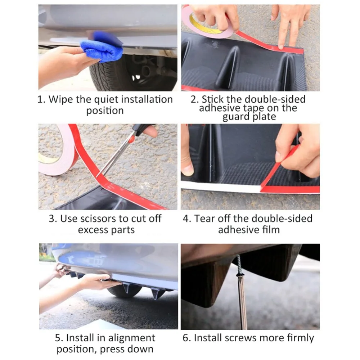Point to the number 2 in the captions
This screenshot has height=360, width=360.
[194, 100]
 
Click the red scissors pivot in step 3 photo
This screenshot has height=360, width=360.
[131, 139]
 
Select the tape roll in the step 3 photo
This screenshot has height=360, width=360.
[57, 152]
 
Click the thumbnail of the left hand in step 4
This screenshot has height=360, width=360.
[188, 170]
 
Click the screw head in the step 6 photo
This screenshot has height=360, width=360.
[239, 274]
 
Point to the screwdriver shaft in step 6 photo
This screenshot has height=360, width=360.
[242, 303]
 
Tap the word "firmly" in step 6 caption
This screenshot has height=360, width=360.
[300, 338]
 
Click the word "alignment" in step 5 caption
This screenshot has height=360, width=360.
[132, 338]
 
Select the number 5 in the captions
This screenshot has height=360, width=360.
[58, 338]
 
